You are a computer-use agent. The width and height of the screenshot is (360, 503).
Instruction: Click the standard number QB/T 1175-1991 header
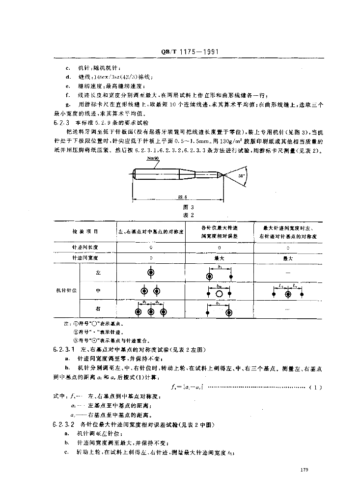[189, 52]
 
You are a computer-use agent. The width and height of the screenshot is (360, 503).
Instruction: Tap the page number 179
[303, 471]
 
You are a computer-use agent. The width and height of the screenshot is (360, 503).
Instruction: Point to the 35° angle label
[240, 175]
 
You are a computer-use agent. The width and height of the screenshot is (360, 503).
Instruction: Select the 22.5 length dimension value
[178, 196]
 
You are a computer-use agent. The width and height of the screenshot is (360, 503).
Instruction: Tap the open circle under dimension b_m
[220, 293]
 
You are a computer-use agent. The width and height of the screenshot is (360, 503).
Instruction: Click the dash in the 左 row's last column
[287, 273]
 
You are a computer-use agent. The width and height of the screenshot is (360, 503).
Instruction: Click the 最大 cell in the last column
[287, 257]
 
